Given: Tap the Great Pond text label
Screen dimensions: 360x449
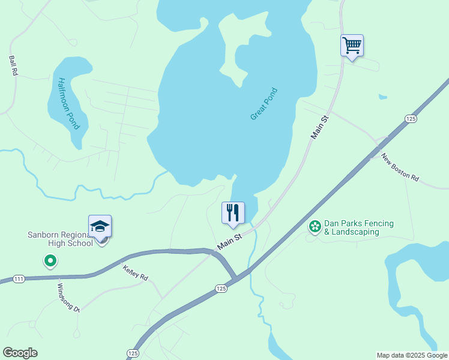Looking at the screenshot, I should tap(264, 104).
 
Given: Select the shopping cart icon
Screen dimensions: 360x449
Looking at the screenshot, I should tap(352, 45).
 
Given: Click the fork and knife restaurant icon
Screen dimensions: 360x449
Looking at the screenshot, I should tap(233, 212).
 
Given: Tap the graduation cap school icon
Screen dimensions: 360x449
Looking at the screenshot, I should tap(100, 226).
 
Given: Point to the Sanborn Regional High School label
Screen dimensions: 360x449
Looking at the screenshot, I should tap(60, 239).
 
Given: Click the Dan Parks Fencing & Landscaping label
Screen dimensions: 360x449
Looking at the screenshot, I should tap(359, 227).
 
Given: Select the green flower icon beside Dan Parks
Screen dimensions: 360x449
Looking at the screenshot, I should tap(314, 226).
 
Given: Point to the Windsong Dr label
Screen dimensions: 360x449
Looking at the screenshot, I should tap(68, 297).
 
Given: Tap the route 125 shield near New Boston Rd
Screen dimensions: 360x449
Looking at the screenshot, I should tap(411, 119).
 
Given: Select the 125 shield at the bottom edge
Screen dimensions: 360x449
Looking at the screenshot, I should tap(133, 353).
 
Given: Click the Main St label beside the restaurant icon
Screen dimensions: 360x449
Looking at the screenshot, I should tap(229, 242).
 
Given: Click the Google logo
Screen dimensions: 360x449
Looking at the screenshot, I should tap(20, 353).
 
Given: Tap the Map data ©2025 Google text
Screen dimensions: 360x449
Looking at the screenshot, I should tap(412, 355).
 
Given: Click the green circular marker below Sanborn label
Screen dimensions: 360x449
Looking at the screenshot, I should tap(50, 261).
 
